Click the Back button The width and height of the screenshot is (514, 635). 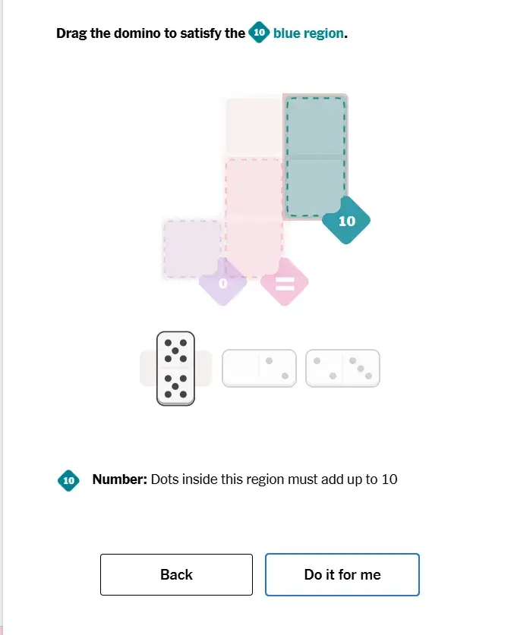point(176,574)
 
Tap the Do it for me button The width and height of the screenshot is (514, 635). point(342,574)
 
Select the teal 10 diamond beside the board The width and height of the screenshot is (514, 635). point(346,220)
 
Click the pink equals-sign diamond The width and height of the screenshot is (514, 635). point(285,282)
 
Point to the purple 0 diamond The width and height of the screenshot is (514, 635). point(223,282)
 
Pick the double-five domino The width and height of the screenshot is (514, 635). point(175,369)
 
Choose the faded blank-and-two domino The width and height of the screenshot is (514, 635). point(259,368)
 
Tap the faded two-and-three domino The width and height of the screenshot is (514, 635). point(342,368)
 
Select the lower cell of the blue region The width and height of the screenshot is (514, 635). point(315,187)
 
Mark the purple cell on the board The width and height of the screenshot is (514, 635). point(192,249)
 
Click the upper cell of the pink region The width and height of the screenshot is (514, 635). point(254,188)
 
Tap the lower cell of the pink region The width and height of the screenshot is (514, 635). point(254,249)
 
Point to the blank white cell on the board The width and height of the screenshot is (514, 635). point(254,127)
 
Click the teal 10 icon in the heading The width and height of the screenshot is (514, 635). point(259,32)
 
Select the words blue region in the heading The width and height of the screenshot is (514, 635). point(308,33)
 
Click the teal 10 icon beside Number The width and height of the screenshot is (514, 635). point(68,480)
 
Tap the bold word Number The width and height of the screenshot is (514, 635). point(120,479)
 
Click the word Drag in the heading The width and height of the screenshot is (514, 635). point(71,33)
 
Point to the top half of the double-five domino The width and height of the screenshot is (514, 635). point(175,351)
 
